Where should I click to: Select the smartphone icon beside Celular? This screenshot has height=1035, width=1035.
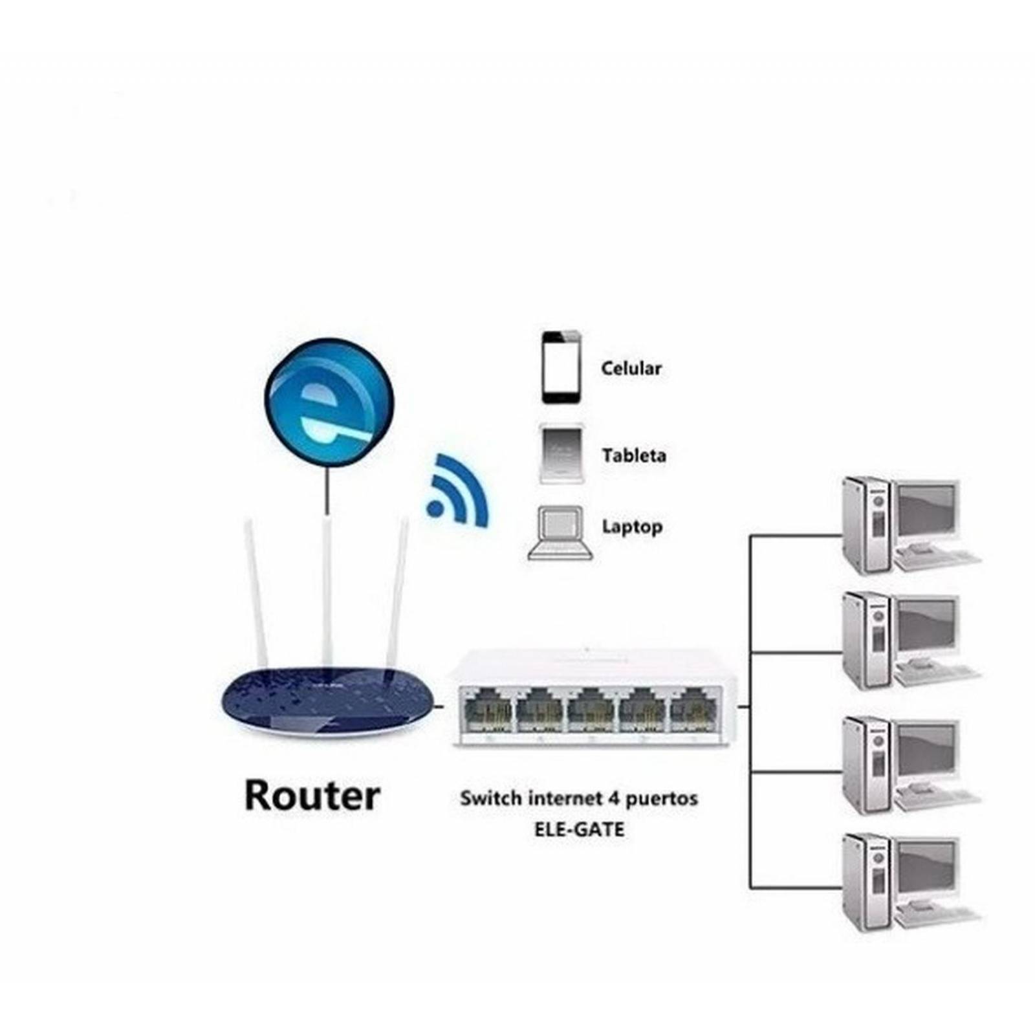pos(561,367)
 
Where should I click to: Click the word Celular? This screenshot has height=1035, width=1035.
pos(631,369)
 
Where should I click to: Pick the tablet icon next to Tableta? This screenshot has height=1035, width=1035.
pos(561,453)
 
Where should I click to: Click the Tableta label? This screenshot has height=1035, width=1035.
pos(633,455)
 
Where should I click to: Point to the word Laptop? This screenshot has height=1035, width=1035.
pos(632,527)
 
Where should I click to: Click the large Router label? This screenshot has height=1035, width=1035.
pos(312,796)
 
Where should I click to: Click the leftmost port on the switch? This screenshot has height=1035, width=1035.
pos(485,710)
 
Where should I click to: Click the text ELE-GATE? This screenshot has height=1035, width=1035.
pos(579,829)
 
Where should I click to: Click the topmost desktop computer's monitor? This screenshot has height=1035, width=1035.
pos(926,511)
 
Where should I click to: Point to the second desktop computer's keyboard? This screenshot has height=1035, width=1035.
pos(938,673)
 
